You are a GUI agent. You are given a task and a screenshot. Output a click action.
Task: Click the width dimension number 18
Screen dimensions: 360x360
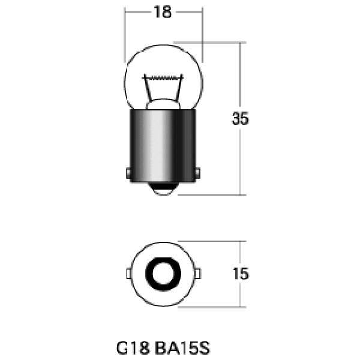pyautogui.click(x=163, y=12)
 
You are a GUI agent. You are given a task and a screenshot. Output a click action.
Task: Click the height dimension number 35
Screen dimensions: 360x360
pyautogui.click(x=240, y=118)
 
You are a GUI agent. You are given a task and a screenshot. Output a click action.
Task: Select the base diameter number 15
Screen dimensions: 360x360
pyautogui.click(x=241, y=274)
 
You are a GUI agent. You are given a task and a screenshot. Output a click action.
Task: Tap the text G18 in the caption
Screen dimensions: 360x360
pyautogui.click(x=133, y=348)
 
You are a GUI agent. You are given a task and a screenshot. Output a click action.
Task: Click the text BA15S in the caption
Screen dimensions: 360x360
pyautogui.click(x=182, y=348)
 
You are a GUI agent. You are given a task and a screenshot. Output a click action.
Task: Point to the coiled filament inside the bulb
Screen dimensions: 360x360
pyautogui.click(x=163, y=78)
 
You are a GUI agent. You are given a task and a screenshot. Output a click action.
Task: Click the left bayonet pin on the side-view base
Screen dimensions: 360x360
pyautogui.click(x=128, y=173)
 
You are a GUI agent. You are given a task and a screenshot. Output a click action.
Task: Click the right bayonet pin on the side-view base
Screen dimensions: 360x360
pyautogui.click(x=197, y=173)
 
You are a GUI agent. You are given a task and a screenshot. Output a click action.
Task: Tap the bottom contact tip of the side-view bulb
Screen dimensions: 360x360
pyautogui.click(x=163, y=189)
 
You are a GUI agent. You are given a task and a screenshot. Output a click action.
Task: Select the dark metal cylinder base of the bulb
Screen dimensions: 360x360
pyautogui.click(x=163, y=146)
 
